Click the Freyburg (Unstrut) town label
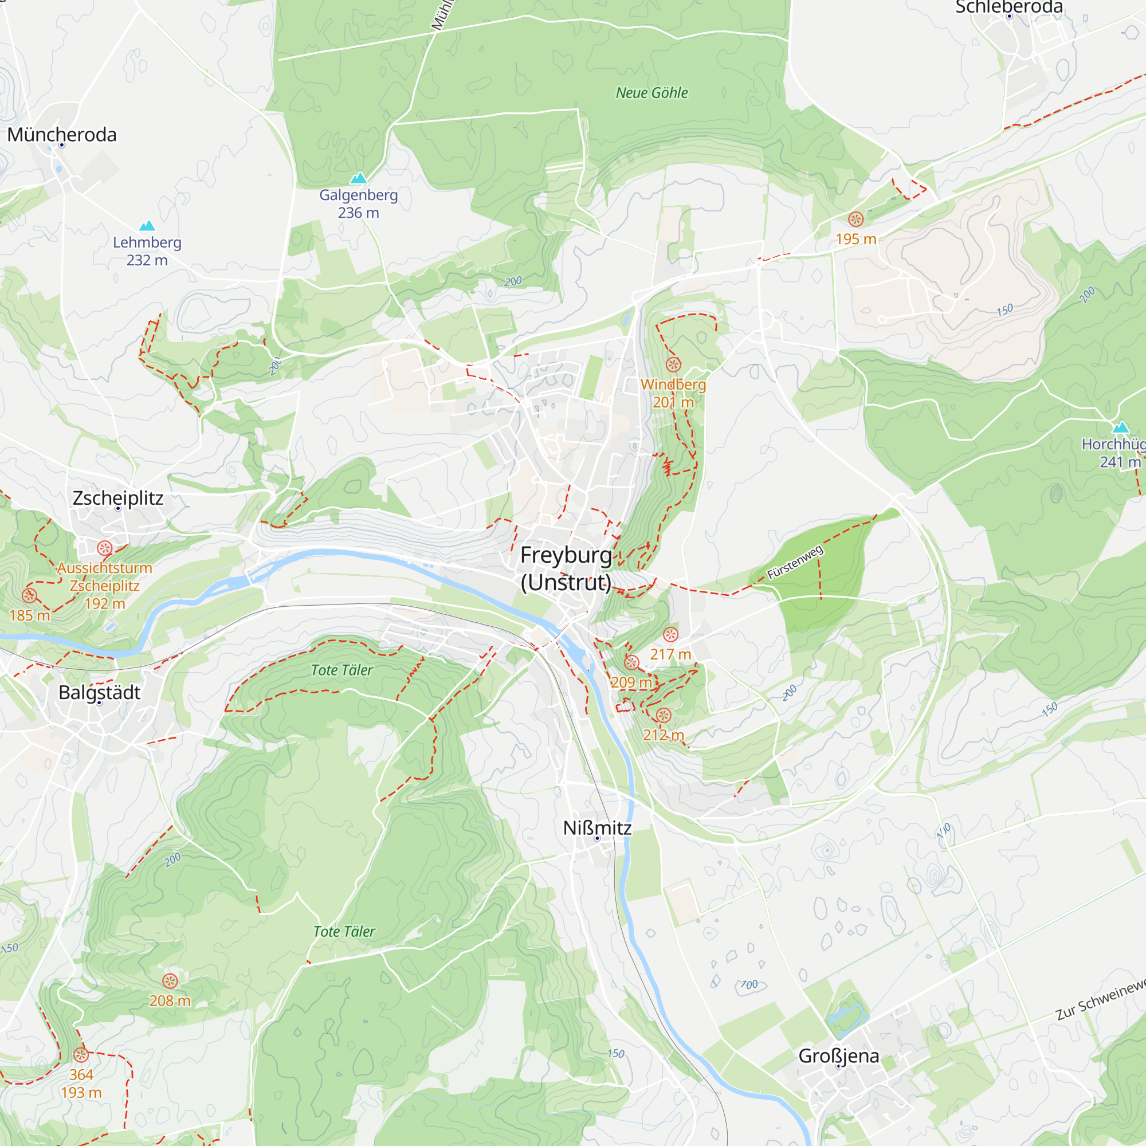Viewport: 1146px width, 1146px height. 566,568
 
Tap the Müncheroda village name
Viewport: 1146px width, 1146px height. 62,135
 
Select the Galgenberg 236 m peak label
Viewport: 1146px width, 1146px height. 358,203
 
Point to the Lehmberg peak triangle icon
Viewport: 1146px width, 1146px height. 147,225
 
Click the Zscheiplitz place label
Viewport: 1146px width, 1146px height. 117,498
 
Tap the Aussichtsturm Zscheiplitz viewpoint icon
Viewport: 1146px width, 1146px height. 105,548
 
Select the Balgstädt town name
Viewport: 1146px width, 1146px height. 99,692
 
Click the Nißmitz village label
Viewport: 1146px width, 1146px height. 596,827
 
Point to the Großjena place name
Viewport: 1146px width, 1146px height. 839,1056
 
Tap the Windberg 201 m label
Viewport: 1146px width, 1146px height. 673,393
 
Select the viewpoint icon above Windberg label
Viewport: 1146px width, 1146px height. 673,364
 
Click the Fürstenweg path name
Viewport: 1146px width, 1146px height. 795,562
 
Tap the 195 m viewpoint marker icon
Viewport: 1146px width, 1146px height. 855,219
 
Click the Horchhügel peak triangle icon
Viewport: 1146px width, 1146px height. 1120,427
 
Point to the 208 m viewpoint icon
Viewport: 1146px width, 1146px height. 170,981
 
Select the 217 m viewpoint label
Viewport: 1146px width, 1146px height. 670,654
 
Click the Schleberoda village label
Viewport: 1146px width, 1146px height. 1008,7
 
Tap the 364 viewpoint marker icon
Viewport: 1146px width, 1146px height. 81,1055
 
